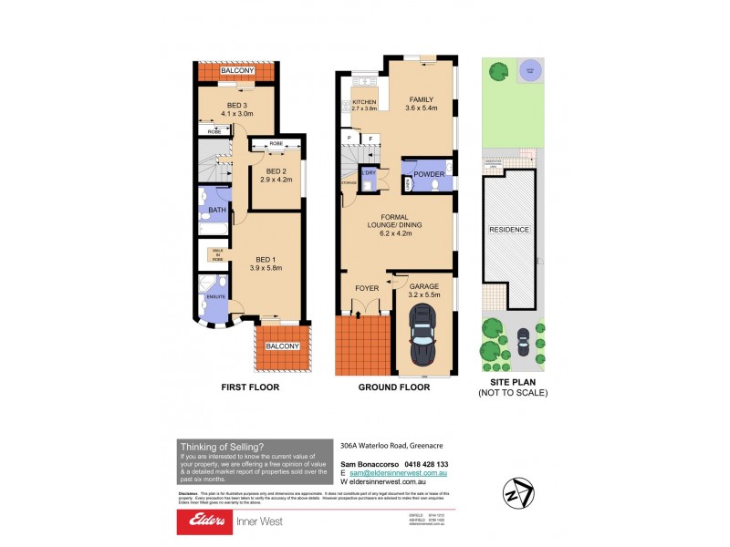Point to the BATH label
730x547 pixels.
click(216, 210)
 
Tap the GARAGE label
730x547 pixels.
click(423, 285)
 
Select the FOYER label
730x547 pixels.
click(367, 288)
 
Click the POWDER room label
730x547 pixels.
click(429, 174)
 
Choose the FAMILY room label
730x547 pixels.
click(422, 99)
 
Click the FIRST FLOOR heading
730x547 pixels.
click(251, 387)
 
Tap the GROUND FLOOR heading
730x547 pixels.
click(394, 387)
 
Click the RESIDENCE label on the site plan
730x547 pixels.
click(510, 230)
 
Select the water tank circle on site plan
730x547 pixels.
click(529, 71)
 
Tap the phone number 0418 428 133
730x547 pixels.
click(422, 465)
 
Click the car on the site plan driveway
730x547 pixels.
click(524, 342)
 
